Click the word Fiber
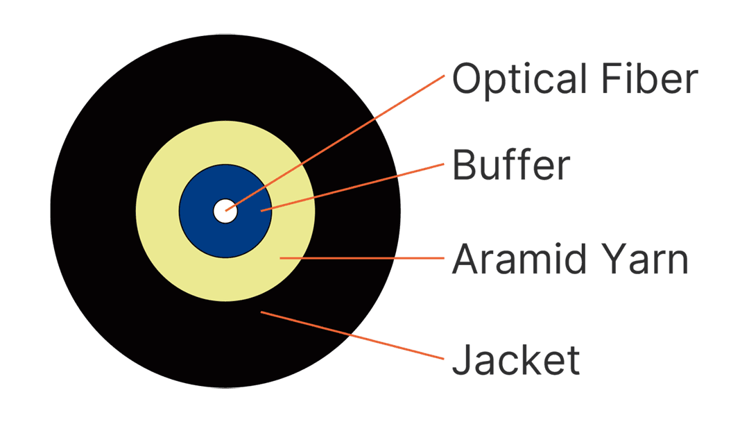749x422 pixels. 650,78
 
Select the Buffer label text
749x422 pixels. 511,164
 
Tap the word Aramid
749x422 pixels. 518,259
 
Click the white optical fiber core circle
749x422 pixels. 225,211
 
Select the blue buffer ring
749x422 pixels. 200,211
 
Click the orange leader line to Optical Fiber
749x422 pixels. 335,142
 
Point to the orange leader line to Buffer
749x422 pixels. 352,187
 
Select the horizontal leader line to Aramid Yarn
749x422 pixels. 362,258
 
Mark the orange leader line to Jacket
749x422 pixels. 352,335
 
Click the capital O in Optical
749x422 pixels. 467,78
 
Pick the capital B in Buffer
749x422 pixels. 464,164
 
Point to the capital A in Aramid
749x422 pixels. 467,259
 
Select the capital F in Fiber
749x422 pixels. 612,78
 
